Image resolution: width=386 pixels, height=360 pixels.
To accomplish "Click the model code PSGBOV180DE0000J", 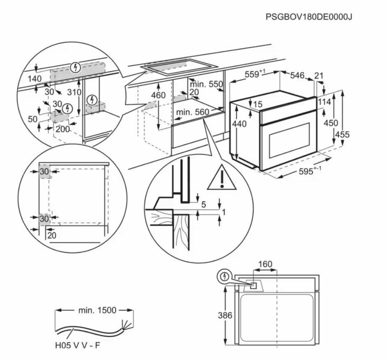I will [309, 17].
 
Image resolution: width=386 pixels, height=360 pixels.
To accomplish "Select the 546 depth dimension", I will [297, 75].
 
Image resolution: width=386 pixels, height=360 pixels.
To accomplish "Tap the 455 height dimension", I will [342, 134].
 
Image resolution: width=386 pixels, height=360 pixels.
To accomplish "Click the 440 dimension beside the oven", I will [239, 124].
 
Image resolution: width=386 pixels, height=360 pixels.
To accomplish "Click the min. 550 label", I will [206, 84].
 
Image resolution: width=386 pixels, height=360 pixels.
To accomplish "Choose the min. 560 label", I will [192, 111].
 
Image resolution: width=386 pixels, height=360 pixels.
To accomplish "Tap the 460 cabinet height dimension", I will [158, 95].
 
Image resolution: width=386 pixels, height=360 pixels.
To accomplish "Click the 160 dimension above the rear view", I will [265, 264].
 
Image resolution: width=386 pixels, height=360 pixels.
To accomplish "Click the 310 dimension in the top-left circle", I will [74, 92].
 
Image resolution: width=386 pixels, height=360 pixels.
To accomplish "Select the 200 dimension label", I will [62, 129].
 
